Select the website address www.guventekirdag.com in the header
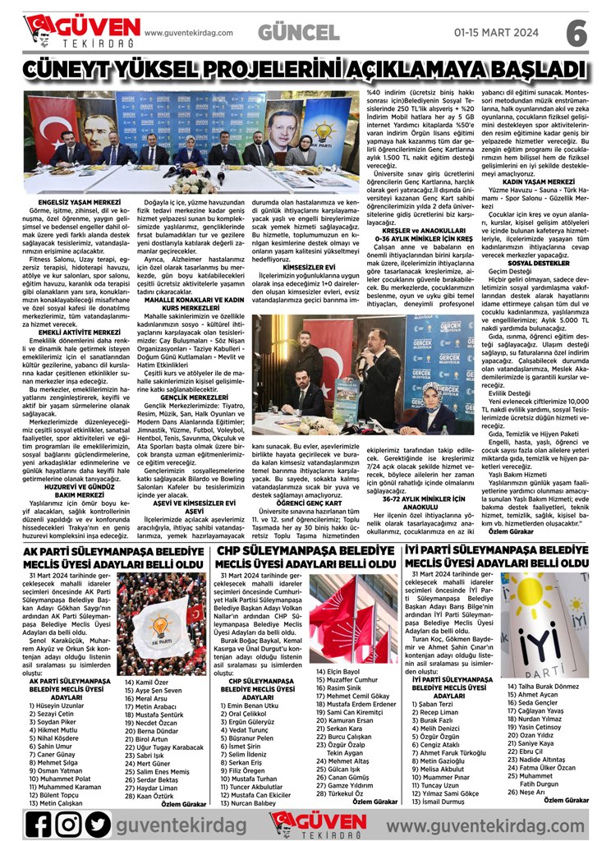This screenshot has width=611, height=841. (188, 33)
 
